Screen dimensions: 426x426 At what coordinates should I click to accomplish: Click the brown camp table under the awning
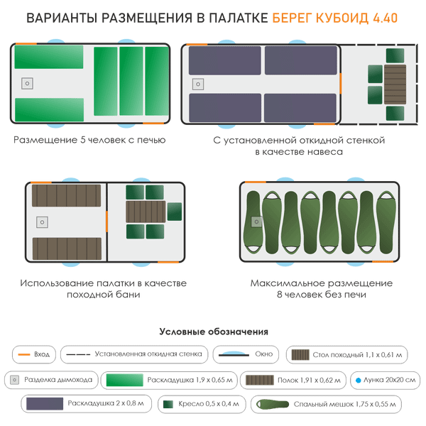click(x=395, y=84)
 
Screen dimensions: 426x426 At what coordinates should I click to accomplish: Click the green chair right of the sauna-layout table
click(x=175, y=211)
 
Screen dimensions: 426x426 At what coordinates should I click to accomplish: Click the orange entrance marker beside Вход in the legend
click(x=25, y=354)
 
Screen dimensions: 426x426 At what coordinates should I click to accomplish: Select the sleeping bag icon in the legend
click(x=261, y=404)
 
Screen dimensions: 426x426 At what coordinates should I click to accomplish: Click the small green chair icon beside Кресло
click(x=170, y=404)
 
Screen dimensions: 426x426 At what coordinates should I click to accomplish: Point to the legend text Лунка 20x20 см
click(x=383, y=380)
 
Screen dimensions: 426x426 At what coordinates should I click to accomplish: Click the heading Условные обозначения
click(x=213, y=332)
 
